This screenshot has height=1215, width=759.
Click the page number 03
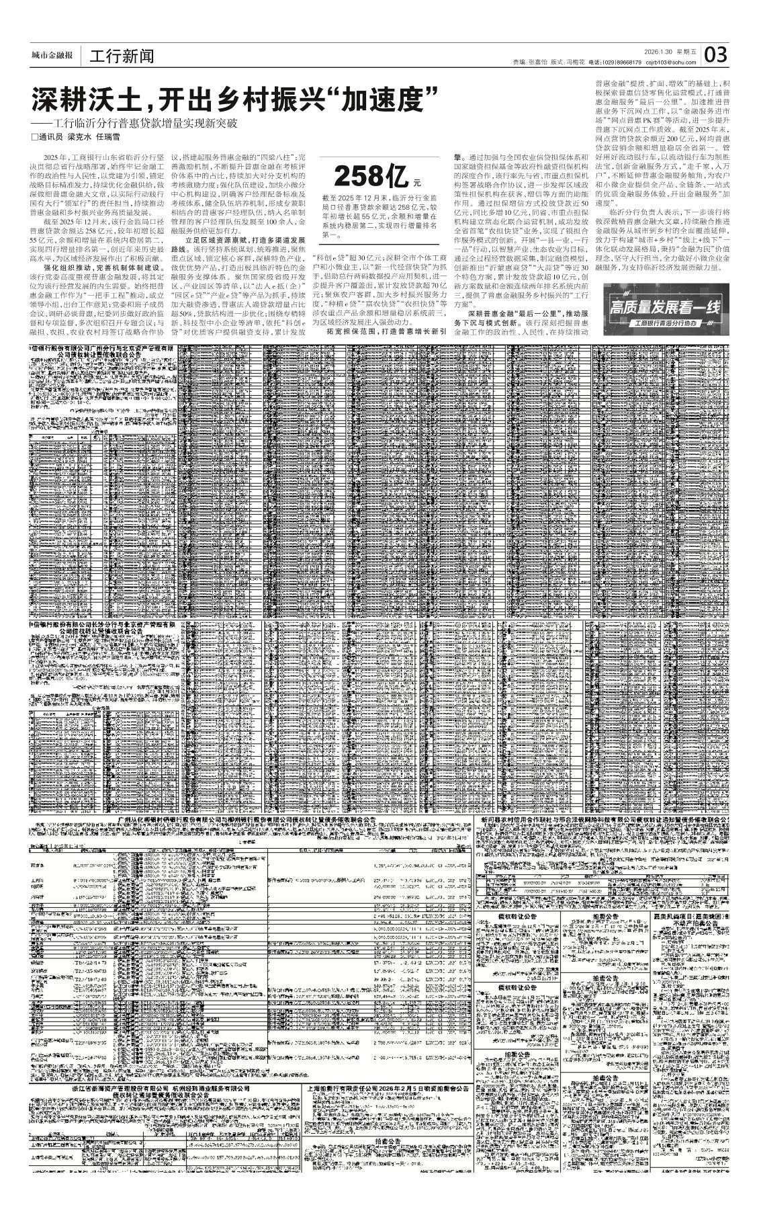(x=716, y=54)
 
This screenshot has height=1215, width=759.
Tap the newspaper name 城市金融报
(x=52, y=56)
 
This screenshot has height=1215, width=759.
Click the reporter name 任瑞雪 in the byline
(x=107, y=136)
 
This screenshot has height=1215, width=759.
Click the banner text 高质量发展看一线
(x=665, y=307)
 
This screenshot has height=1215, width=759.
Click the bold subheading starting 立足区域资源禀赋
(x=244, y=239)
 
